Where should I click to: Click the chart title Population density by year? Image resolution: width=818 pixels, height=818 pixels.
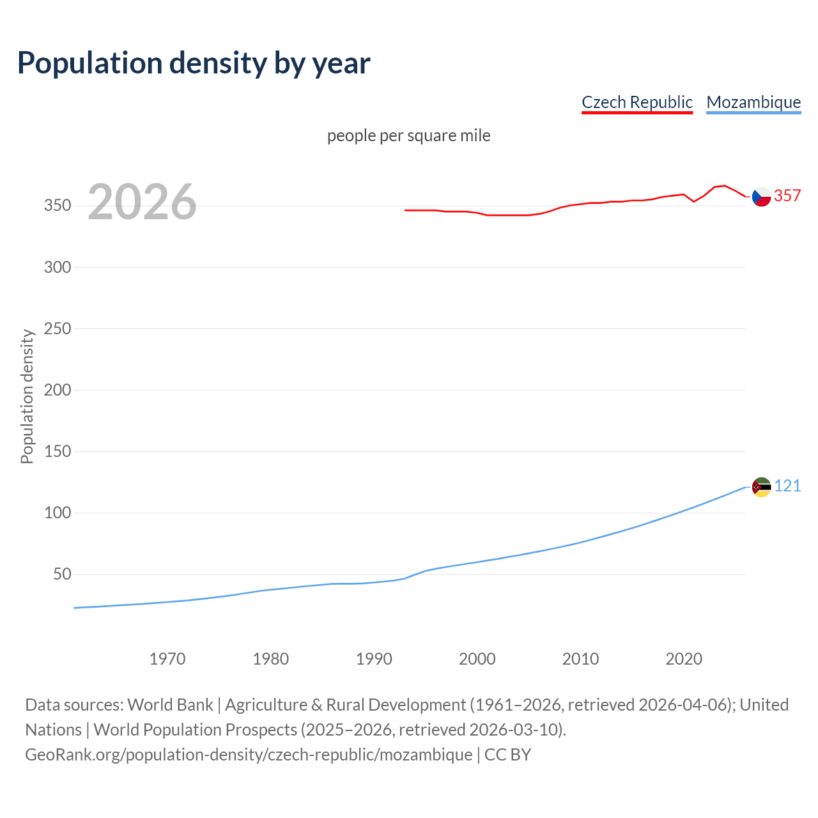(194, 63)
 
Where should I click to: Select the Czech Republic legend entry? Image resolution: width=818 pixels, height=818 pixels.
(637, 102)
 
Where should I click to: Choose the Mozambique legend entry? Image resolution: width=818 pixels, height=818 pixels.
(753, 102)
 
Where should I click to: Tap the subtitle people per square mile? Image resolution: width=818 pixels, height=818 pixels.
(408, 136)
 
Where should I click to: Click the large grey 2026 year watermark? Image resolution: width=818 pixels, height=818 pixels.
(142, 202)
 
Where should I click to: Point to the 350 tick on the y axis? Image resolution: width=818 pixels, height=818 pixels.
(58, 206)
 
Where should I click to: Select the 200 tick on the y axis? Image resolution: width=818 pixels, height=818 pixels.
(58, 390)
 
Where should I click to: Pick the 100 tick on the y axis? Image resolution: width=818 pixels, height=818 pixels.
(58, 513)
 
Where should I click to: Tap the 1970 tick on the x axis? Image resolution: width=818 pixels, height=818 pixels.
(167, 659)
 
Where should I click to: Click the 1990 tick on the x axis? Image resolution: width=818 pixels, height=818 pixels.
(374, 659)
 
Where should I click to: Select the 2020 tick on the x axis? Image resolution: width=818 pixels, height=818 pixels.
(684, 659)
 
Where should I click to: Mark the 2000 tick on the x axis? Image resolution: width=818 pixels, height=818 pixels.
(477, 659)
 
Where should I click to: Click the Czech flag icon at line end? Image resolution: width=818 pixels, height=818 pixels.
(761, 197)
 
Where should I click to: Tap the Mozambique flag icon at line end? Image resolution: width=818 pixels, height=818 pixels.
(761, 487)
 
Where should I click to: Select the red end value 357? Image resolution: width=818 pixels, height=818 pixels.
(787, 196)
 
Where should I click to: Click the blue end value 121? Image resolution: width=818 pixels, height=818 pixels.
(787, 486)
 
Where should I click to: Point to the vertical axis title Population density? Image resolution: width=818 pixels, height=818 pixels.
(27, 396)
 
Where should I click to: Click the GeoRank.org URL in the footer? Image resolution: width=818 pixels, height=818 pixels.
(249, 755)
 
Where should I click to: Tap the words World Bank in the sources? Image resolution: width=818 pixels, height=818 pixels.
(170, 705)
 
